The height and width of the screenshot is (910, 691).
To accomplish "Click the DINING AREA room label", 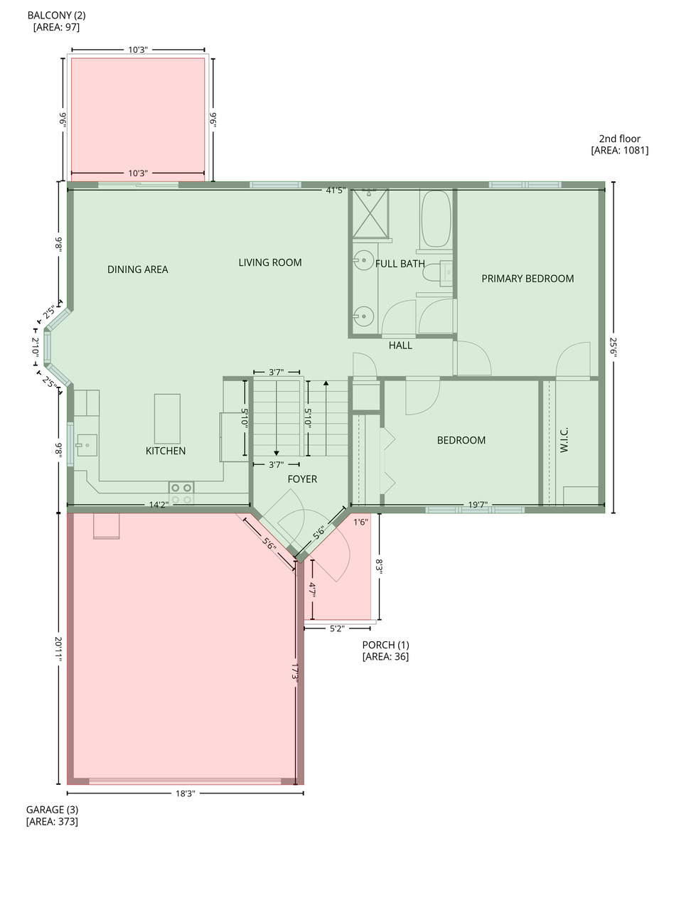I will pos(137,269).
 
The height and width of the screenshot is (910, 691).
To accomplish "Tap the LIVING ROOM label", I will pos(269,262).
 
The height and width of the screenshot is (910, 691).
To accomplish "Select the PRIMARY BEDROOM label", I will pos(527,279).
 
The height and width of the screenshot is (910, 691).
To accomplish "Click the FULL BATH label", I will pos(400,264).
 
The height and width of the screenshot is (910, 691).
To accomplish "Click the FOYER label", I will pos(302,479).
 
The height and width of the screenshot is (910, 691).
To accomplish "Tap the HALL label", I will pos(400,346).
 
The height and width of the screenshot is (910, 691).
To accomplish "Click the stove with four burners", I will pos(181,493).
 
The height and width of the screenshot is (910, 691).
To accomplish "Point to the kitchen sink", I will pos(87,446).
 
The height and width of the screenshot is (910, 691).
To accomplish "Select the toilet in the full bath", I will pos(445,273).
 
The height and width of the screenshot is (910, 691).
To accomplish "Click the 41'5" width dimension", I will pos(336,191).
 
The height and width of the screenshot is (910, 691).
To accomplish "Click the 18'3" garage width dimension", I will pos(185,793).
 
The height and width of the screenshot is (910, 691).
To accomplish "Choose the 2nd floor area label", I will pos(619,144).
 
